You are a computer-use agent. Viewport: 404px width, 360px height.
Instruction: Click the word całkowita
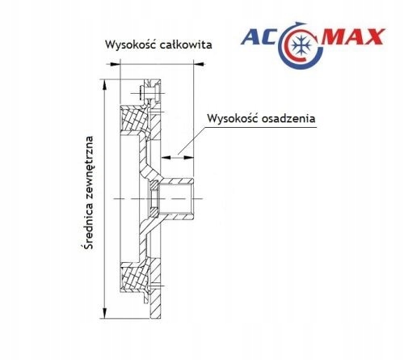[186, 44]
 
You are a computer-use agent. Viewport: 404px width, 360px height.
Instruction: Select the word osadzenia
[288, 118]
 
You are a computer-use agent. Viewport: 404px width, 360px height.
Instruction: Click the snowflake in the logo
[301, 44]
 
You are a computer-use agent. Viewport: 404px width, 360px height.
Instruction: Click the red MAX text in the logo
[353, 36]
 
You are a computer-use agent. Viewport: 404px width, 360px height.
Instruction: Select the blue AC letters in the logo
[259, 36]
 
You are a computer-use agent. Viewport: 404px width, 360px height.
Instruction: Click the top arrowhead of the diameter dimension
[105, 84]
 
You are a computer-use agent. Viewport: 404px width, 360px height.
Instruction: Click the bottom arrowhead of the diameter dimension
[105, 314]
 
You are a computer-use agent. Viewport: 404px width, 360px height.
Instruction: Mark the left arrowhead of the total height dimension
[115, 64]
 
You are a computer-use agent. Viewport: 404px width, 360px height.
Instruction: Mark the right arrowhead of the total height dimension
[199, 64]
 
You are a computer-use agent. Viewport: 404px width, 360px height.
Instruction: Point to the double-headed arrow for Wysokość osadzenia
[177, 157]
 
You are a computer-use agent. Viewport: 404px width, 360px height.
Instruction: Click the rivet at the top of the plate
[149, 93]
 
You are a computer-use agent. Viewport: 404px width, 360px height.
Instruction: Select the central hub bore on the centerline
[175, 199]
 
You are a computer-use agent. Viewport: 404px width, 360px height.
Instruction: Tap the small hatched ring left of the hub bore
[154, 198]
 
